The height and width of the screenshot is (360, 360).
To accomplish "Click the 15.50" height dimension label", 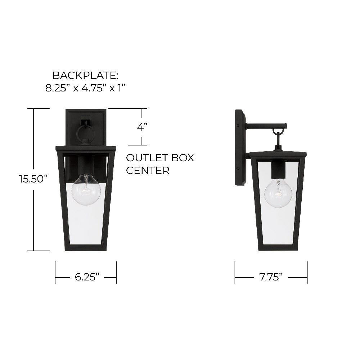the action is [x=34, y=179].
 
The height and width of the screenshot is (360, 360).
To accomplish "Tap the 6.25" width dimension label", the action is [x=87, y=277].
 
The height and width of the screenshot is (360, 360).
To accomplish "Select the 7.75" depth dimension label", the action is [x=271, y=277].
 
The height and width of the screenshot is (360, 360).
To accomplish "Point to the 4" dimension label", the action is [x=142, y=126].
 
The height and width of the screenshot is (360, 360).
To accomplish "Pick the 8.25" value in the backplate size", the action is [x=56, y=88].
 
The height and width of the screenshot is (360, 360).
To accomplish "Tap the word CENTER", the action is [x=148, y=170].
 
